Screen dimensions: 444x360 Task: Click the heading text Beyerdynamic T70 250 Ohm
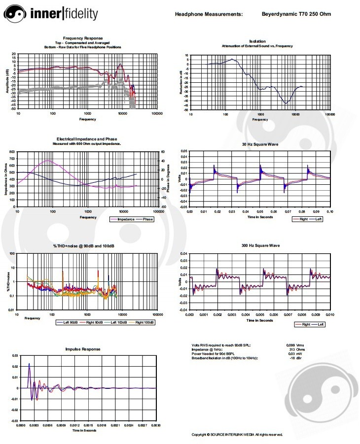pos(296,14)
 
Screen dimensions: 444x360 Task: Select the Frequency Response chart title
pos(83,38)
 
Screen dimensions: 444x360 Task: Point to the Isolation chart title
pos(257,41)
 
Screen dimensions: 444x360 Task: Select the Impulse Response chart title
pos(83,349)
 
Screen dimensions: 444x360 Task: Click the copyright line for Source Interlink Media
pos(237,434)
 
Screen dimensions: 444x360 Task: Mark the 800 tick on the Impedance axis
pos(12,151)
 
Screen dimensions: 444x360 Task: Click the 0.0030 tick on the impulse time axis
pos(155,425)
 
